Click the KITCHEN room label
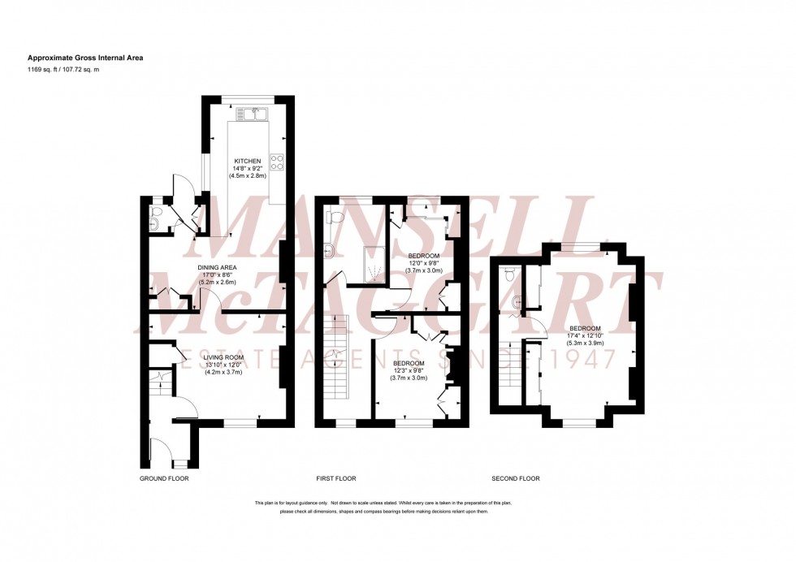pos(248,161)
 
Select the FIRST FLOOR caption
pos(336,478)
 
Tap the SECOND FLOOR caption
pos(516,478)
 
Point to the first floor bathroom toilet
pos(335,217)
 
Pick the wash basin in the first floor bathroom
pos(330,250)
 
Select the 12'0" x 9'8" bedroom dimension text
pos(423,263)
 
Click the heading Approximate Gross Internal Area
pos(86,58)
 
